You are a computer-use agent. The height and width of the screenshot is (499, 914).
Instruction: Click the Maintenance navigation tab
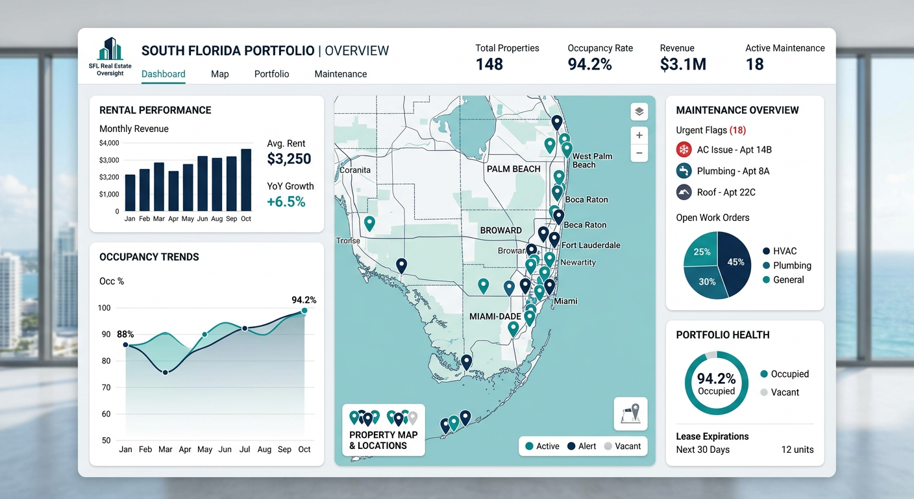point(340,74)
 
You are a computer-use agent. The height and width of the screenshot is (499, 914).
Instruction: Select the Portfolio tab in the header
point(271,74)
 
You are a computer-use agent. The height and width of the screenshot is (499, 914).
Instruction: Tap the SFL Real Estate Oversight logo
point(110,57)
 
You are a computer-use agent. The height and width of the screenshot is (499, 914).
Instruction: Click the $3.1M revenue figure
point(682,64)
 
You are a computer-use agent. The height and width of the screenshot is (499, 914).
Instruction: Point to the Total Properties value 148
point(489,64)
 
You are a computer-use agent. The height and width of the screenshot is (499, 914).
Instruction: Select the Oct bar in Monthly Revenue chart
point(246,180)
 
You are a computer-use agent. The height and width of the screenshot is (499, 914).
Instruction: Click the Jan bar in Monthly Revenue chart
point(130,192)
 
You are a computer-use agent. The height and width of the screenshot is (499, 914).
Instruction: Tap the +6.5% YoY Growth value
point(286,202)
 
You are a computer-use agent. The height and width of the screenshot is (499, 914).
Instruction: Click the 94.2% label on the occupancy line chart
point(304,300)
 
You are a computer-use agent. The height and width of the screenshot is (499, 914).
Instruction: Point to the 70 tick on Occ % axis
point(106,387)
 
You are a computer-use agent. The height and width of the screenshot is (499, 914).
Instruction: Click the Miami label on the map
point(565,301)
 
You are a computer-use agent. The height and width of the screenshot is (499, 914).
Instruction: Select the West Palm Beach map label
point(591,160)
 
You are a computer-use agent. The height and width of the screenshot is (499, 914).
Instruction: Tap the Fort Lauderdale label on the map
point(591,245)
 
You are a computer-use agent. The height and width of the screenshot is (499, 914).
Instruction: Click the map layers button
point(639,112)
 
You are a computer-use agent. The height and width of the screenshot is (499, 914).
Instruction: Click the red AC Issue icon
point(684,149)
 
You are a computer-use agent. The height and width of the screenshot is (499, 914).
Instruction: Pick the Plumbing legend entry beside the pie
point(786,265)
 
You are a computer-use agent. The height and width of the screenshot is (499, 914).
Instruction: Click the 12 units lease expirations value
point(797,450)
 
